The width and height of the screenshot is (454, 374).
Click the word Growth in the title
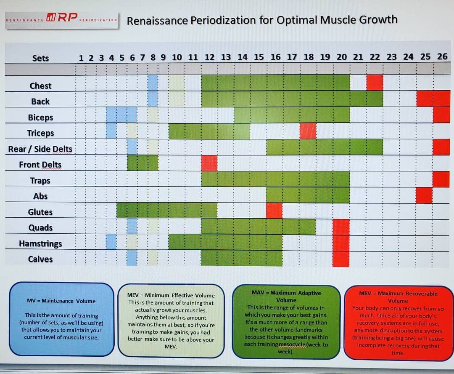[378, 20]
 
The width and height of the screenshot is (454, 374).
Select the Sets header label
[40, 58]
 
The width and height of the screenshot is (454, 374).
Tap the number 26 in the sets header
[442, 56]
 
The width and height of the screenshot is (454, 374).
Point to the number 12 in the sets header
[209, 57]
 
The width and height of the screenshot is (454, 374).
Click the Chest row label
[40, 86]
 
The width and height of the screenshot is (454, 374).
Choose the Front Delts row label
[40, 165]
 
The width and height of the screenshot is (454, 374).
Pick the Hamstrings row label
[40, 243]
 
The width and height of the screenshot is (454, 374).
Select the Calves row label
[40, 259]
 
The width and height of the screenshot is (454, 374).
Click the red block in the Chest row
[375, 83]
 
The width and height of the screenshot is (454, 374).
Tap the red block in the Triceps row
[308, 131]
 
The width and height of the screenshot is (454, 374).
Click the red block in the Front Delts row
[209, 163]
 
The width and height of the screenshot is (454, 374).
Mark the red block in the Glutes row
[274, 210]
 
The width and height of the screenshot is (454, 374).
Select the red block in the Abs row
[424, 195]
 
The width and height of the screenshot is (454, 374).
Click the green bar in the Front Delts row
[143, 163]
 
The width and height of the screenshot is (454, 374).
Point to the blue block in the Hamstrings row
[111, 242]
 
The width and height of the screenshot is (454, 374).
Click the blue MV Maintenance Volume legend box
[62, 320]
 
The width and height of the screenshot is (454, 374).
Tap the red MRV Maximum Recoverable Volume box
[398, 323]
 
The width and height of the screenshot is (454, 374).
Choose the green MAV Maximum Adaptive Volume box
[286, 322]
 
